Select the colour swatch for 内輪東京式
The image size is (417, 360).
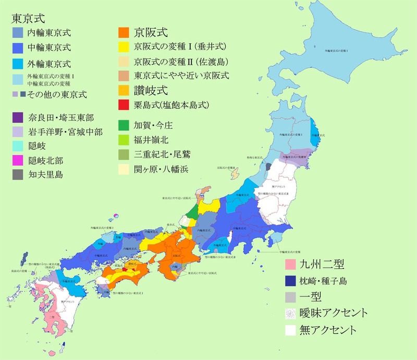(19, 33)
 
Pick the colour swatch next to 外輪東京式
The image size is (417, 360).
(19, 64)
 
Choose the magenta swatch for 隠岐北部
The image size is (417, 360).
(19, 160)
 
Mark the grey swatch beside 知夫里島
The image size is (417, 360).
(19, 175)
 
